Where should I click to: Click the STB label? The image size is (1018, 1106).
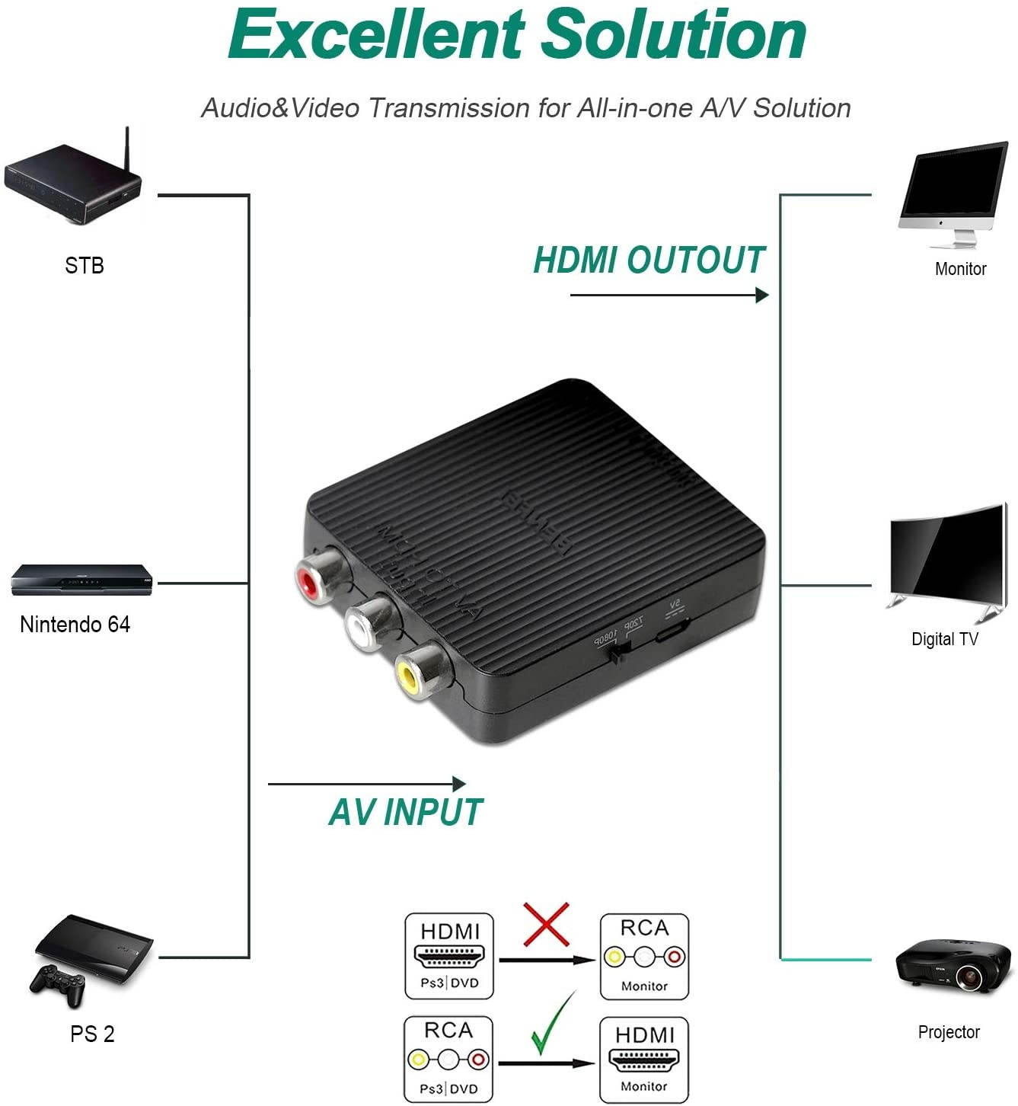tap(84, 266)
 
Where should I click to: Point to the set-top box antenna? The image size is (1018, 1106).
tap(128, 152)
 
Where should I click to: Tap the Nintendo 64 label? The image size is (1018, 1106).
tap(75, 625)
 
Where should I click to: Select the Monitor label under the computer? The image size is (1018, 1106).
tap(960, 269)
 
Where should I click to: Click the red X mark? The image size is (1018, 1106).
tap(546, 924)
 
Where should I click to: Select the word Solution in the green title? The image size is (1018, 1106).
tap(676, 35)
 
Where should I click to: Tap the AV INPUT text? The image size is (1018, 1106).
tap(406, 812)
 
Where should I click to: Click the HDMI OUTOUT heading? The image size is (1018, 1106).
tap(649, 261)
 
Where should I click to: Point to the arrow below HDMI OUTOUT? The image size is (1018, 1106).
tap(669, 295)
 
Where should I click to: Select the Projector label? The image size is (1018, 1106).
tap(948, 1032)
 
